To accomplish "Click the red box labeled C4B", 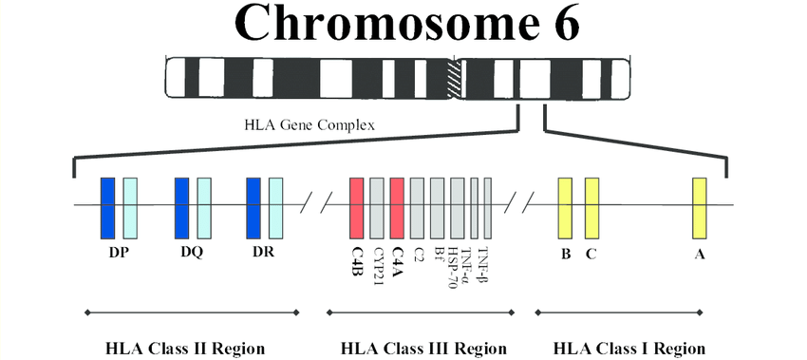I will click(357, 207).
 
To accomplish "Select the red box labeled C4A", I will click(397, 207).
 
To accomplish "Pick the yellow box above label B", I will click(565, 207).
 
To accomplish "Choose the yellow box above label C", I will click(591, 207).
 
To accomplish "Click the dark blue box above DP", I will click(108, 207).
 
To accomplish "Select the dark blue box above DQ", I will click(182, 207).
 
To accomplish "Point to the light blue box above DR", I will click(275, 207).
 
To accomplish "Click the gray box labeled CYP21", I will click(377, 207).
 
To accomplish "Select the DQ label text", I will click(193, 254).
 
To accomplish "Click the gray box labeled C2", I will click(418, 207).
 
